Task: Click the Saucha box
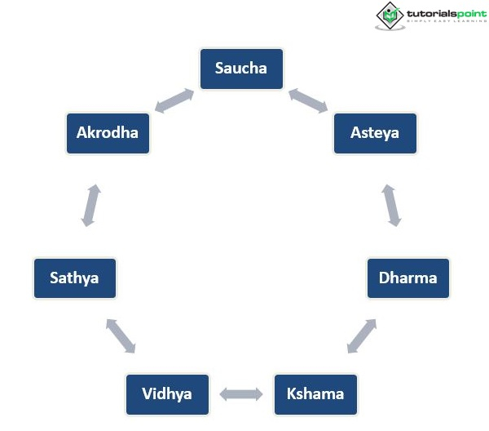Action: pyautogui.click(x=241, y=69)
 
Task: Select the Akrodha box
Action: pyautogui.click(x=108, y=133)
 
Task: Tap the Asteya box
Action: pyautogui.click(x=375, y=133)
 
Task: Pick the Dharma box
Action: pyautogui.click(x=407, y=278)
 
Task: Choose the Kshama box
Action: pyautogui.click(x=315, y=394)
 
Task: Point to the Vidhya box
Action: pyautogui.click(x=167, y=394)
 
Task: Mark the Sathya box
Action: pyautogui.click(x=74, y=278)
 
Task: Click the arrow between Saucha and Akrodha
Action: pyautogui.click(x=174, y=101)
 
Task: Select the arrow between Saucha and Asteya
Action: pyautogui.click(x=308, y=100)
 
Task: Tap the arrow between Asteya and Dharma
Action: pyautogui.click(x=392, y=205)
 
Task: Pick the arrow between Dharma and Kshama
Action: pyautogui.click(x=362, y=336)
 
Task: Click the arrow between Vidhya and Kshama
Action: pyautogui.click(x=241, y=395)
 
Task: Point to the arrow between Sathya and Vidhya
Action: pyautogui.click(x=121, y=336)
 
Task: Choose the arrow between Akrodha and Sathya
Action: pyautogui.click(x=91, y=205)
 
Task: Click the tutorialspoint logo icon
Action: pyautogui.click(x=390, y=16)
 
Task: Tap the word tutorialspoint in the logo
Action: pyautogui.click(x=444, y=12)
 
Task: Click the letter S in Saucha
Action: pyautogui.click(x=219, y=69)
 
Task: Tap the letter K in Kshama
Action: pyautogui.click(x=291, y=394)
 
